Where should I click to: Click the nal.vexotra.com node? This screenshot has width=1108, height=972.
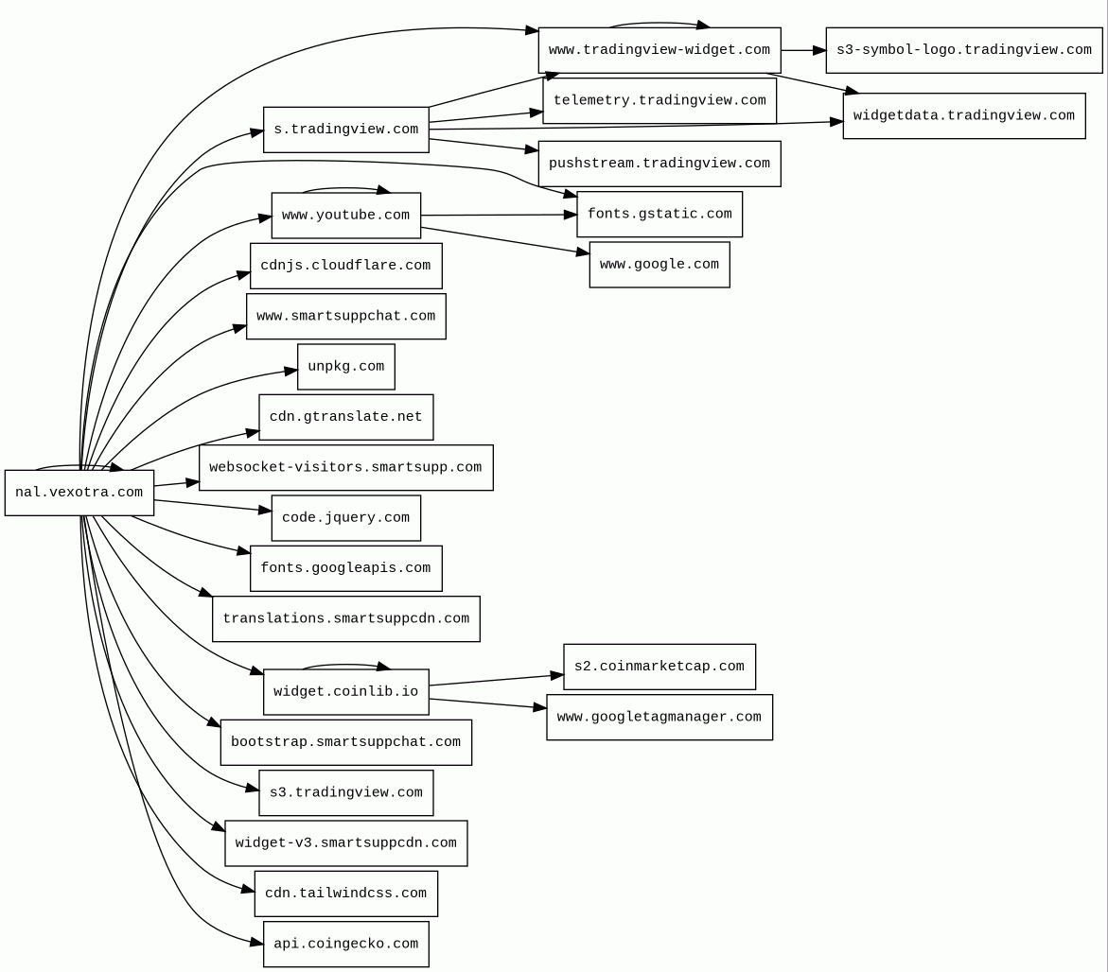coord(79,493)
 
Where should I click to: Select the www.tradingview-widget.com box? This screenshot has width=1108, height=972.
coord(660,50)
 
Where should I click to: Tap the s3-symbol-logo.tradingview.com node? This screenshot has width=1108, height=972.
coord(964,50)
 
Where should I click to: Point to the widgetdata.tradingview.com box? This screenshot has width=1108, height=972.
coord(964,115)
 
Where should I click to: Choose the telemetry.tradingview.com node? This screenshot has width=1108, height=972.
coord(660,101)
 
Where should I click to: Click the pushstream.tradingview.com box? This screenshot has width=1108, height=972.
coord(660,164)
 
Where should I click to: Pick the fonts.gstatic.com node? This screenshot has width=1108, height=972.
coord(660,214)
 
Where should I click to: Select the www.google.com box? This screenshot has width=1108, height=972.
coord(660,265)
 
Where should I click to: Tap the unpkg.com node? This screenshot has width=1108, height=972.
coord(346,367)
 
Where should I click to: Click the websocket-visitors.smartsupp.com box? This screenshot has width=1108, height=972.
coord(346,467)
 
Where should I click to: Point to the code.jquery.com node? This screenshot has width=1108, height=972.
coord(346,518)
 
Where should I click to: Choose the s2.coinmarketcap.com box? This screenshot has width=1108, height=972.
coord(660,667)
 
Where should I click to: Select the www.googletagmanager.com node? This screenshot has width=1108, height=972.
coord(660,717)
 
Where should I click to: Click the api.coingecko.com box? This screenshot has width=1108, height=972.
coord(346,944)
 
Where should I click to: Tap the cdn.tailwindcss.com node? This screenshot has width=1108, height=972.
coord(346,894)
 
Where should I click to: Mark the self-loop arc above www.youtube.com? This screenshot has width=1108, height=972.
coord(346,188)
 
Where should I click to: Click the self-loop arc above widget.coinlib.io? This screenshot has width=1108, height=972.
coord(346,665)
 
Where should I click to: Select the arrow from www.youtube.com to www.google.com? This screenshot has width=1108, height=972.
coord(505,240)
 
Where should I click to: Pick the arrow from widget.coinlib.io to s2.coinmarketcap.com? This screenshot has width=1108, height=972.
coord(496,680)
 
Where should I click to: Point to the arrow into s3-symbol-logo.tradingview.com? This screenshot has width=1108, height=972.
coord(803,50)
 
